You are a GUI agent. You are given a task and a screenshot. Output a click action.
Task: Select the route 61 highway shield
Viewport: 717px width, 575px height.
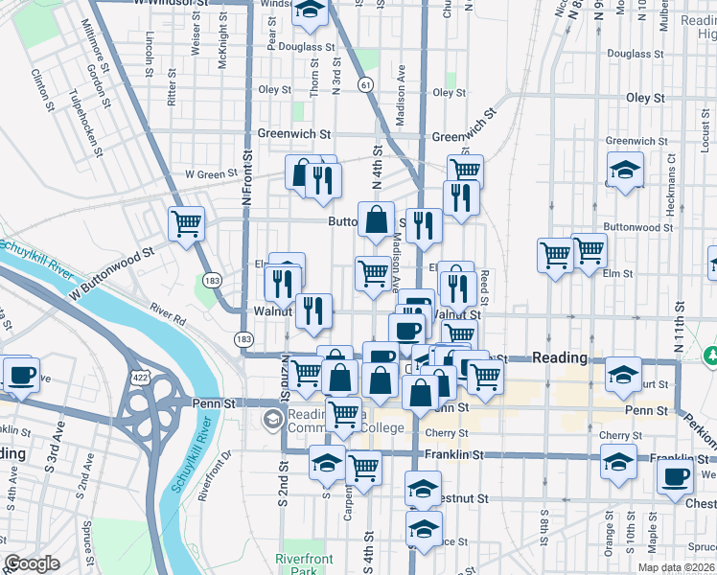coord(366,85)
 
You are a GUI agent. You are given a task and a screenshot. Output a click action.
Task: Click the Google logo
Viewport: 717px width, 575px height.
coord(32,564)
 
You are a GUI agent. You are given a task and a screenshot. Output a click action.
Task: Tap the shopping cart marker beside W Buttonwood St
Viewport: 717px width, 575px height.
coord(185,224)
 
